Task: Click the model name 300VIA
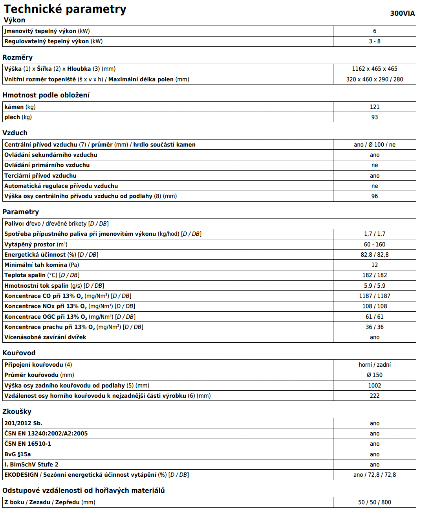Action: pyautogui.click(x=402, y=13)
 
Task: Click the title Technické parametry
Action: pyautogui.click(x=65, y=9)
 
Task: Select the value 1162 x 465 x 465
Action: pyautogui.click(x=374, y=69)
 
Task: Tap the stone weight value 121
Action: pyautogui.click(x=374, y=107)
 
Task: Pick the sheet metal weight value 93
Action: pyautogui.click(x=374, y=117)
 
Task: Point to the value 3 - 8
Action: pyautogui.click(x=374, y=41)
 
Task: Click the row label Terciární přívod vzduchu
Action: pyautogui.click(x=40, y=176)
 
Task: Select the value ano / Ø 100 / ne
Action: pyautogui.click(x=374, y=145)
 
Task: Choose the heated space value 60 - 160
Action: pyautogui.click(x=374, y=244)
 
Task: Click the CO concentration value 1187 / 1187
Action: pyautogui.click(x=374, y=296)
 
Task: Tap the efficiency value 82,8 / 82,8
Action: pyautogui.click(x=374, y=255)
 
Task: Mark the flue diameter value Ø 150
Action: pyautogui.click(x=374, y=375)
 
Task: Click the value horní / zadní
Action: pyautogui.click(x=374, y=365)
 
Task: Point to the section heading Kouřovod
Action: pyautogui.click(x=19, y=353)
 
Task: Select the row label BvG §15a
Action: pyautogui.click(x=18, y=454)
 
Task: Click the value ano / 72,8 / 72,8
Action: pyautogui.click(x=374, y=475)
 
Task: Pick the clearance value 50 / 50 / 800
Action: pyautogui.click(x=374, y=502)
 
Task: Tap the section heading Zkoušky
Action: pyautogui.click(x=17, y=411)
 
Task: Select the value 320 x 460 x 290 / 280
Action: pyautogui.click(x=374, y=79)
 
